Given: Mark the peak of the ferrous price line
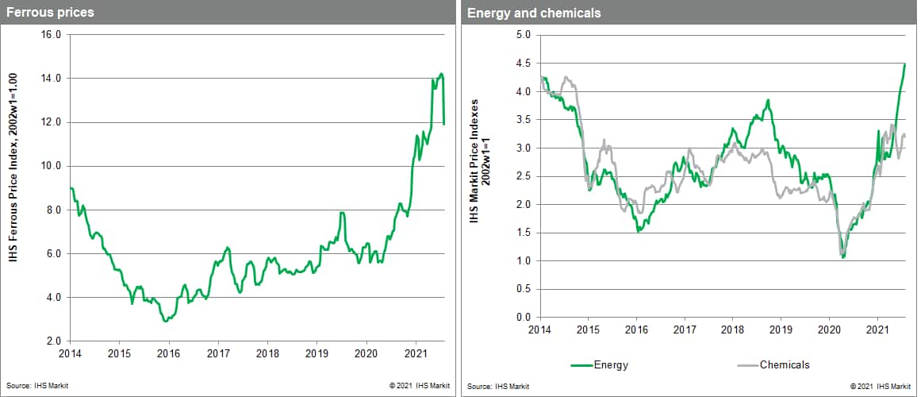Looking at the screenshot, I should pos(441,74).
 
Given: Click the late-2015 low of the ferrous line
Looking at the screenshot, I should pos(165,321).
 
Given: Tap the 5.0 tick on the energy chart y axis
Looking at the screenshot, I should pos(522,35).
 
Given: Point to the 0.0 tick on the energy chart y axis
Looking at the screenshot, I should pos(522,318).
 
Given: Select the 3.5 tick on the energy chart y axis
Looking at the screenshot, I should pos(522,120).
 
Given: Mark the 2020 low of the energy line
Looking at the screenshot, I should pos(843,257).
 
